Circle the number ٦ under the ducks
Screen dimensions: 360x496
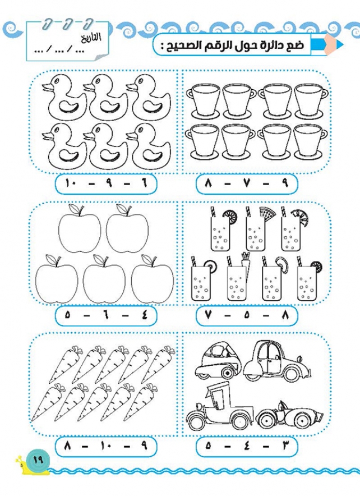[x=144, y=183]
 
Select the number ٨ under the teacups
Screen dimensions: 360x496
[x=208, y=183]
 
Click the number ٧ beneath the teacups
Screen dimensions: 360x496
[x=247, y=183]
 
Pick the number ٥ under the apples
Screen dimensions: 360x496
[x=67, y=315]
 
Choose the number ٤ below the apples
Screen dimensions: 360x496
[x=144, y=315]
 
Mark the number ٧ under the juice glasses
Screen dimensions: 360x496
[x=208, y=315]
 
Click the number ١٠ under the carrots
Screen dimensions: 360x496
[x=105, y=446]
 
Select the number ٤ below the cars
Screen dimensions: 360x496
[x=247, y=446]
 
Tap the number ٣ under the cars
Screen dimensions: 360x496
[x=285, y=446]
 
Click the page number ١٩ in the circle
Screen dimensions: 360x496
[x=38, y=460]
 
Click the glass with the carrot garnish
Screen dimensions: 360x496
[x=238, y=277]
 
